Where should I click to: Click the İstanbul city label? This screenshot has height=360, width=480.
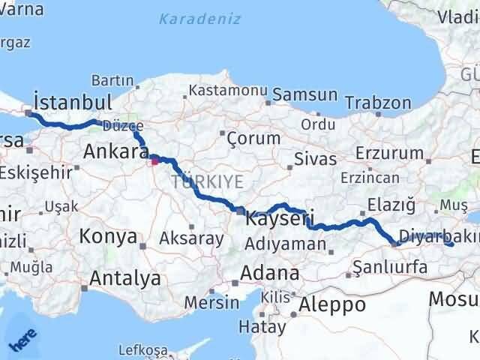click(73, 102)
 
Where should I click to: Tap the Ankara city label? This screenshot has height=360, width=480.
click(116, 152)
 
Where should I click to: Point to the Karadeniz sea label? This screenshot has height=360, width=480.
click(199, 19)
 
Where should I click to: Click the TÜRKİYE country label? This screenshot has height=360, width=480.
click(207, 181)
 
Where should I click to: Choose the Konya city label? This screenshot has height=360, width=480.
click(108, 238)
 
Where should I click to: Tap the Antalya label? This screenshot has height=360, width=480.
click(124, 279)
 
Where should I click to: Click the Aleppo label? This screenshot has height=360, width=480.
click(332, 304)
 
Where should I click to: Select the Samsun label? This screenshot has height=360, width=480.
click(305, 94)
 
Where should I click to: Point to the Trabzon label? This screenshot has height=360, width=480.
click(382, 103)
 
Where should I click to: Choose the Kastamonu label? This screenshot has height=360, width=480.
click(228, 90)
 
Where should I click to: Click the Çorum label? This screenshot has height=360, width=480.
click(253, 138)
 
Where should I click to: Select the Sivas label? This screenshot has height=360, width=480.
click(310, 159)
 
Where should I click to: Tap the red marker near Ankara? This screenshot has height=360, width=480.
click(154, 159)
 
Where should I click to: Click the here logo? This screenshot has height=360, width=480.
click(22, 341)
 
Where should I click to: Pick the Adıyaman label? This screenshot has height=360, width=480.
click(286, 243)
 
